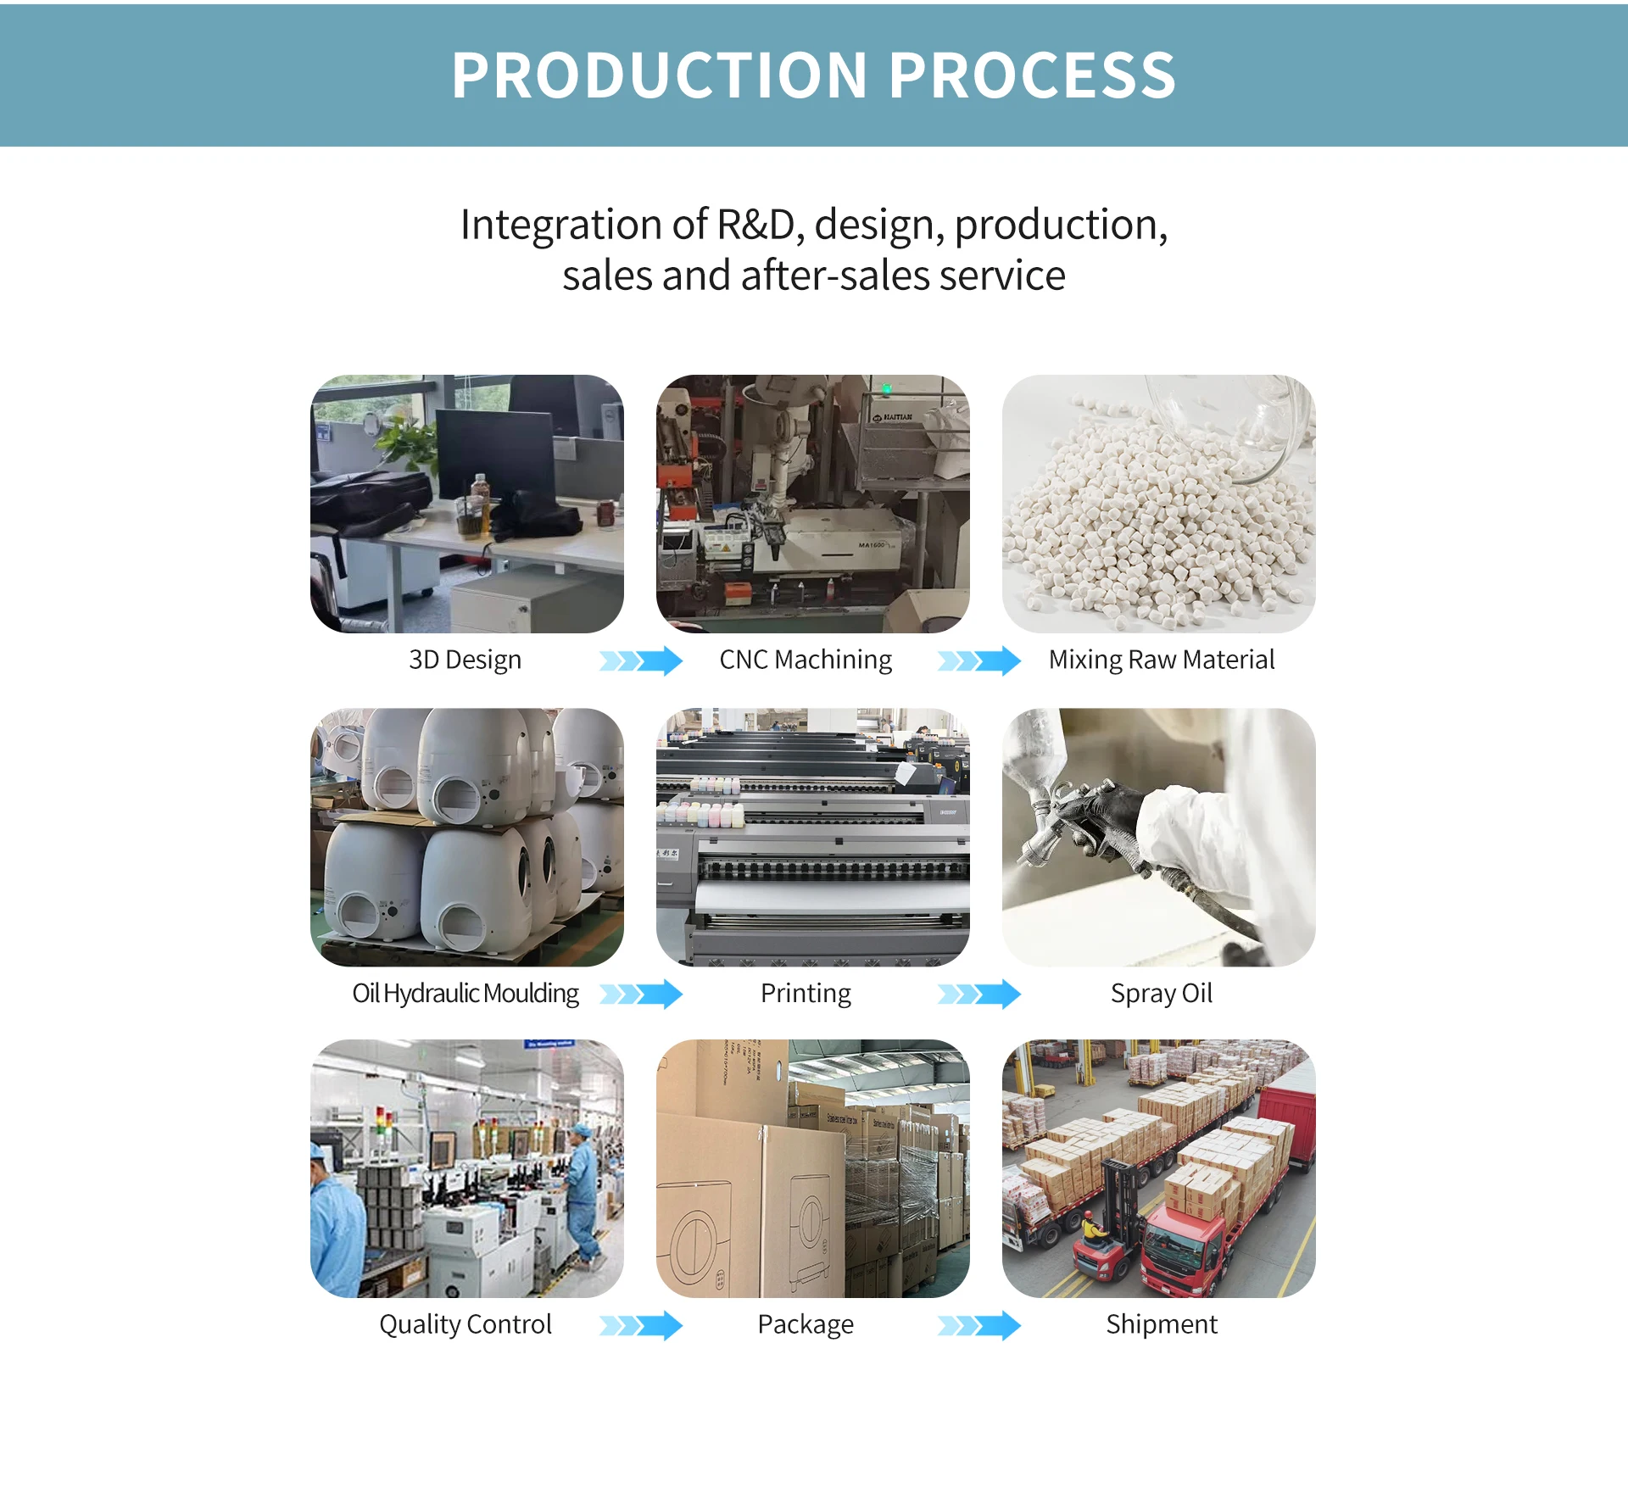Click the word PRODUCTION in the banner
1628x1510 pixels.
(659, 75)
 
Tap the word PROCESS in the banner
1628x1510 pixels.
(1032, 75)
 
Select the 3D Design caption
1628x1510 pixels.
(465, 660)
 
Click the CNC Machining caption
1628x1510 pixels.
(806, 660)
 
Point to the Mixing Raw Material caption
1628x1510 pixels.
(1161, 660)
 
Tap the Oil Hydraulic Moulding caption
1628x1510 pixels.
(466, 993)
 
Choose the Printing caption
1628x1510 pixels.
(806, 993)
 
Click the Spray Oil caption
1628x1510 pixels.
(1161, 993)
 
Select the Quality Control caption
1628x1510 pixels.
(465, 1324)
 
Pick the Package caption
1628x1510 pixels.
(806, 1324)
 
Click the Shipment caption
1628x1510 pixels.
(1161, 1324)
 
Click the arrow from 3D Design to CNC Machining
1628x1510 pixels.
(641, 660)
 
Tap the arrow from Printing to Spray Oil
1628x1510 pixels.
(979, 994)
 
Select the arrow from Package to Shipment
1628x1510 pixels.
(979, 1325)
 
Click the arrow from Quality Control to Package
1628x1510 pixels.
(641, 1325)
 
